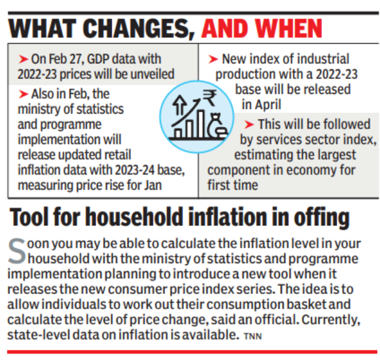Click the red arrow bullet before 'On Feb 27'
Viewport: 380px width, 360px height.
coord(24,59)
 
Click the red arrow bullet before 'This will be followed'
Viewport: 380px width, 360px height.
coord(248,125)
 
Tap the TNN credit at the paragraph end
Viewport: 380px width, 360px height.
coord(252,337)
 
